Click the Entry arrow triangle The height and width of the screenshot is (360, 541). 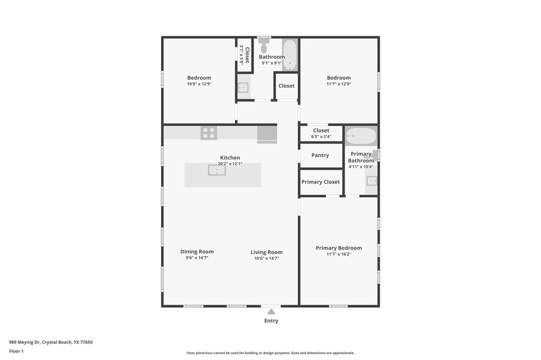pos(271,312)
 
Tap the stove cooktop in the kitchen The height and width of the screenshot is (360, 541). pos(209,133)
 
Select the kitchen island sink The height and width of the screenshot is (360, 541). pos(217,170)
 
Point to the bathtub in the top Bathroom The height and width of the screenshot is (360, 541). pos(290,55)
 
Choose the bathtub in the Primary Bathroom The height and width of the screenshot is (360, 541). pos(361,136)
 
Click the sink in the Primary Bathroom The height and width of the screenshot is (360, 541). pos(371,181)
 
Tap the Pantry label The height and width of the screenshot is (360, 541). pos(320,155)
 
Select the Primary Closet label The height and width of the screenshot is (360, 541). pos(321,182)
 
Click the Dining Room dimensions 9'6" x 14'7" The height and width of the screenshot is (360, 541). pos(197,258)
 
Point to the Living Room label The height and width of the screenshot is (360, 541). pos(267,252)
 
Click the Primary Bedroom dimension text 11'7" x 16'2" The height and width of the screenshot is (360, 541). pos(339,254)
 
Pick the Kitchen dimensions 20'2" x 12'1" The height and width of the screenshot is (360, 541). pos(230,164)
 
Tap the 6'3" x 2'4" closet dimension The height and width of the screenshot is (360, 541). pos(321,137)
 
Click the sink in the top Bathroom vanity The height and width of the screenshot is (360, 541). pos(243,88)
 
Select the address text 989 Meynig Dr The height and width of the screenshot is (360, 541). pos(24,342)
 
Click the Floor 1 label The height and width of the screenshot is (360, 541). pos(16,351)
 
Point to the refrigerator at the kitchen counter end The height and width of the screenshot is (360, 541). pos(267,135)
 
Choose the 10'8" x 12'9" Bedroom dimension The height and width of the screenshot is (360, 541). pos(199,84)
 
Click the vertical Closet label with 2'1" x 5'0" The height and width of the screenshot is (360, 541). pos(244,55)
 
